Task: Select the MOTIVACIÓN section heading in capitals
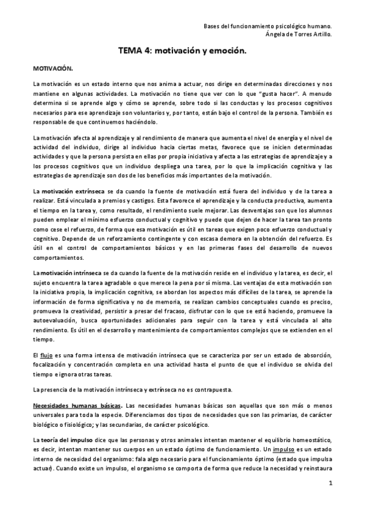click(52, 70)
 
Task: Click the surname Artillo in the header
click(321, 35)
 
